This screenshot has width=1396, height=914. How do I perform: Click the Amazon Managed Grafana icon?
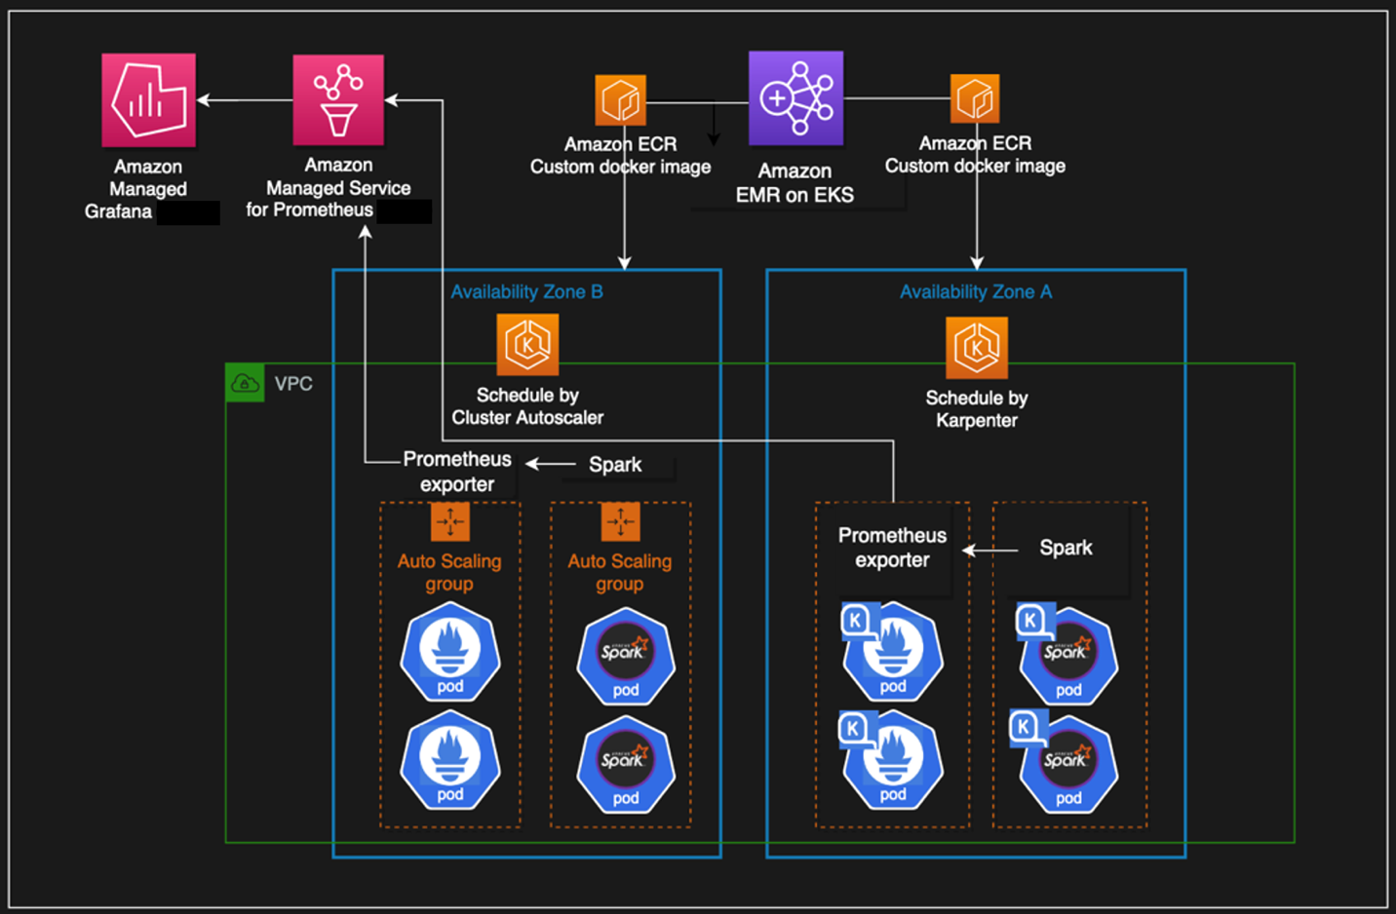tap(148, 99)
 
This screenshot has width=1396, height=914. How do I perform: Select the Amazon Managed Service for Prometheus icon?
tap(338, 99)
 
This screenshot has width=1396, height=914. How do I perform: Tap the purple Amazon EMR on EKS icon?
tap(795, 98)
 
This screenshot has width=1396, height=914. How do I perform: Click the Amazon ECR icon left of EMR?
tap(621, 100)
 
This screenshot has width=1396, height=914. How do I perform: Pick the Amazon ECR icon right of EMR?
tap(975, 99)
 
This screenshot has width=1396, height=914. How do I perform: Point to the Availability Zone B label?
tap(526, 291)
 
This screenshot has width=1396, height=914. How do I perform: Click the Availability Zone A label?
tap(976, 291)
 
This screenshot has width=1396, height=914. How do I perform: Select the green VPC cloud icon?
tap(245, 383)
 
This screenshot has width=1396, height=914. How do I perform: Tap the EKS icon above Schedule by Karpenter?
tap(977, 347)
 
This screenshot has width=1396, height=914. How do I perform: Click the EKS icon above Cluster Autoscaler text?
tap(527, 344)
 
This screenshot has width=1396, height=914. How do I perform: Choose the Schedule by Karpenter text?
tap(977, 409)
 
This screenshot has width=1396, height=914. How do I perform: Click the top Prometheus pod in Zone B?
tap(450, 652)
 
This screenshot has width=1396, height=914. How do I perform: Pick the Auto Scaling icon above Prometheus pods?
tap(450, 522)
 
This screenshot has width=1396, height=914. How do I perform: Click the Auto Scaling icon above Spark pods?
tap(620, 522)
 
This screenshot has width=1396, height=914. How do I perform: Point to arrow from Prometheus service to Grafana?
tap(244, 99)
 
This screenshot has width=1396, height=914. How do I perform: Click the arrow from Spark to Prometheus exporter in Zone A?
tap(990, 551)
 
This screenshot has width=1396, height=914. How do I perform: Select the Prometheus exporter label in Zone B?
tap(457, 472)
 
